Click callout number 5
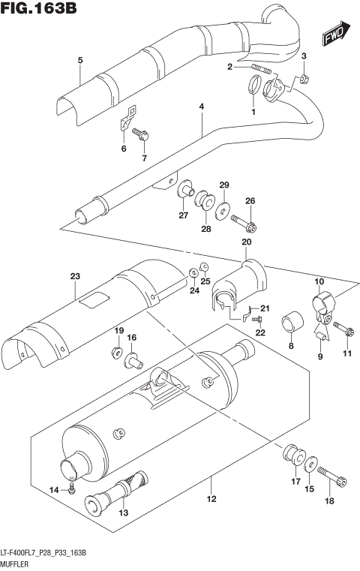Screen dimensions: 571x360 tap(79, 60)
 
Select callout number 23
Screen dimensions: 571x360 tap(75, 277)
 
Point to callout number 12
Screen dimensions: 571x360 tap(211, 499)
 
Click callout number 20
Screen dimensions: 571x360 tap(245, 242)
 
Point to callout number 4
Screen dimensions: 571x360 tap(201, 107)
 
